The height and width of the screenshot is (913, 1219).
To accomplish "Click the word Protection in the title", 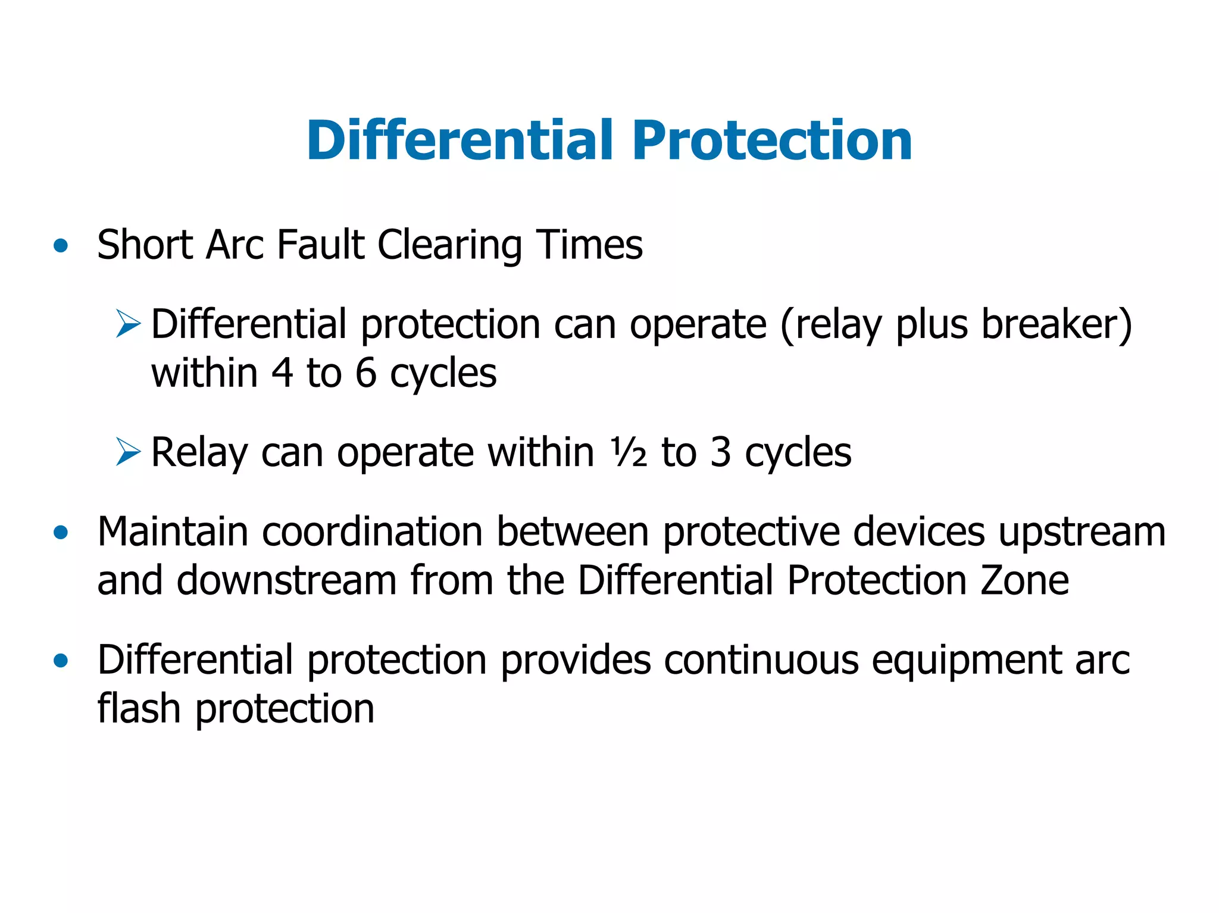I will (x=772, y=140).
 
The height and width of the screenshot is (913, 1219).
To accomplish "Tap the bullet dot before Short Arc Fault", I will (x=61, y=245).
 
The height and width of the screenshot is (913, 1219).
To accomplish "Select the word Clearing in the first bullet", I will (x=449, y=245).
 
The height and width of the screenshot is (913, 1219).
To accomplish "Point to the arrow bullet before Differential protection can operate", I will (x=128, y=324).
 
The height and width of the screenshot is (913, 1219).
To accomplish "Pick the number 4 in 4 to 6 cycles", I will (x=282, y=373).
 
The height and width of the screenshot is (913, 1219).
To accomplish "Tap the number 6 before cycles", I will (x=366, y=373).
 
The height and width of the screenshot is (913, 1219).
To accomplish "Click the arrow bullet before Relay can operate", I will (x=128, y=452).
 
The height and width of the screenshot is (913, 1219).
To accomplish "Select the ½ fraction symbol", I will (x=628, y=452).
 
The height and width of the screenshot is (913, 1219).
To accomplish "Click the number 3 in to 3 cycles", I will (x=720, y=452).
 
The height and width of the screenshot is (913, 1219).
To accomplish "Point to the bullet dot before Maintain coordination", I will (x=61, y=532).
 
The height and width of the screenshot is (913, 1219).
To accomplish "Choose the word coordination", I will (x=372, y=531).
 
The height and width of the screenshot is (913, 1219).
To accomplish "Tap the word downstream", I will (x=286, y=580).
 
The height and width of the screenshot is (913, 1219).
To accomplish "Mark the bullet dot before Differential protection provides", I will (x=61, y=661).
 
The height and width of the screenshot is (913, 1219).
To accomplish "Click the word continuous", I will (x=761, y=660).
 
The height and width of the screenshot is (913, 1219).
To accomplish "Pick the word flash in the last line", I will (x=139, y=708).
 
